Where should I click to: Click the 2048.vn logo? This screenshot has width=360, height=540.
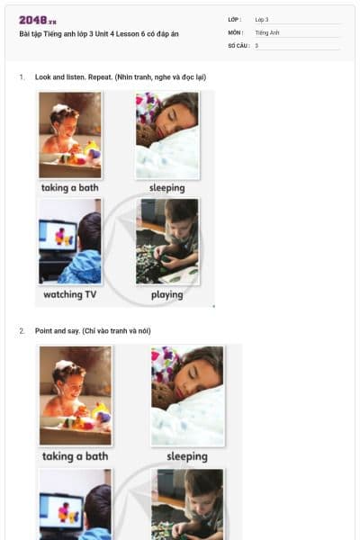tap(38, 21)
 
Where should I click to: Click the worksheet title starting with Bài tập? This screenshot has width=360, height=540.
tap(99, 34)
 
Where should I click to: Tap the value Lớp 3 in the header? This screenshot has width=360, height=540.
tap(262, 20)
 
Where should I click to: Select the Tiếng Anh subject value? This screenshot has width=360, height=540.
tap(267, 32)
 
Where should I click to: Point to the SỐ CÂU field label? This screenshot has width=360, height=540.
tap(238, 46)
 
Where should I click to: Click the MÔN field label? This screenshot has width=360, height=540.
tap(236, 32)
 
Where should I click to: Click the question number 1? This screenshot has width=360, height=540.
tap(22, 77)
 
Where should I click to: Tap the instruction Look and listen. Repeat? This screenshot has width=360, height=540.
tap(74, 77)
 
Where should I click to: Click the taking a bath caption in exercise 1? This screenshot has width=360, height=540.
tap(70, 188)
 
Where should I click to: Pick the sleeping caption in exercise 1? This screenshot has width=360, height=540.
tap(167, 188)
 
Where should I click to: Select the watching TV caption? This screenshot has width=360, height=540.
tap(70, 294)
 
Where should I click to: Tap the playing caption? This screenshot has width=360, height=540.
tap(167, 295)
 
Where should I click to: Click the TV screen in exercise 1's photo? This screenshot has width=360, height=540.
tap(58, 236)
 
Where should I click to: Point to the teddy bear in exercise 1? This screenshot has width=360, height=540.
tap(146, 135)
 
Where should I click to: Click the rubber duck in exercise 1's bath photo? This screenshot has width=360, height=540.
tap(92, 150)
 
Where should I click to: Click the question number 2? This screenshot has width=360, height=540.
tap(22, 331)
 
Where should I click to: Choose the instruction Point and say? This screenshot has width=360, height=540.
tap(58, 331)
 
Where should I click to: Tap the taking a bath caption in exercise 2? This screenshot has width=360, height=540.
tap(75, 456)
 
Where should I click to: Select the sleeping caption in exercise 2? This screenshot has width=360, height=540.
tap(187, 456)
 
